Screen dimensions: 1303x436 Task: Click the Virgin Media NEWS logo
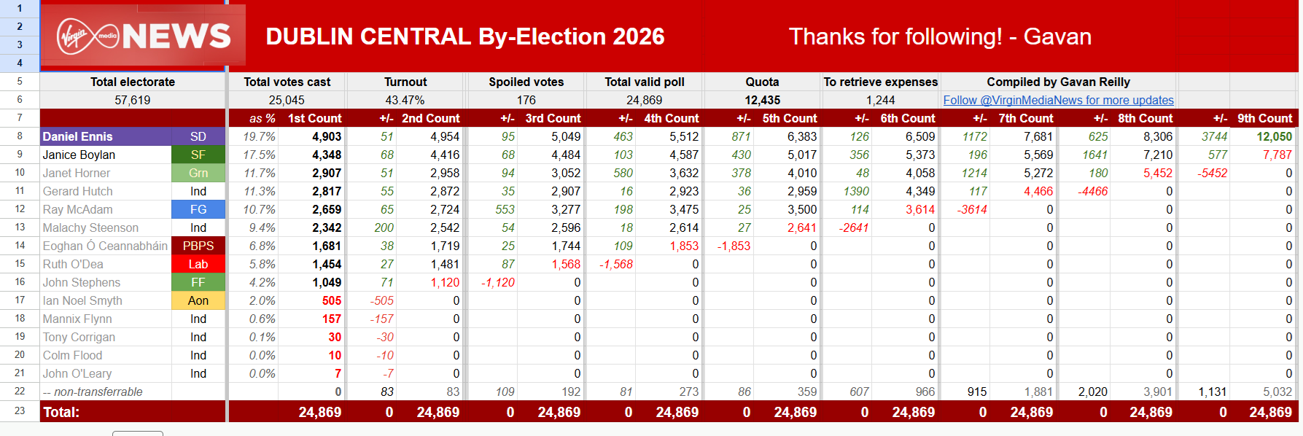(x=144, y=36)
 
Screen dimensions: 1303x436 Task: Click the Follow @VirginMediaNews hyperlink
(x=1058, y=100)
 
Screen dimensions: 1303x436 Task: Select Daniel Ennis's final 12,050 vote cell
(x=1274, y=136)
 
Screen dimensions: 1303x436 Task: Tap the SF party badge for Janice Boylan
(x=198, y=155)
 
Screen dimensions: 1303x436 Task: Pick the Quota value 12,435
(x=762, y=100)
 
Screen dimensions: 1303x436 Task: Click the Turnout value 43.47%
(x=405, y=100)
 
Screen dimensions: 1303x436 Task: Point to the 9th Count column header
(x=1264, y=118)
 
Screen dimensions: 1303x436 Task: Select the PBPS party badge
(x=198, y=246)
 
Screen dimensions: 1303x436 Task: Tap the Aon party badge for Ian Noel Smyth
(x=198, y=300)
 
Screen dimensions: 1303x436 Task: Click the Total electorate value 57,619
(x=133, y=100)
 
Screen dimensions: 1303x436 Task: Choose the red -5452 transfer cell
(x=1212, y=173)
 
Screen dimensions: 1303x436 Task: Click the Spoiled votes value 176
(x=526, y=100)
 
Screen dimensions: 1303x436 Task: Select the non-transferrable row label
(x=93, y=392)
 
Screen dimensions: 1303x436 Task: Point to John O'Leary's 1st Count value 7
(x=338, y=373)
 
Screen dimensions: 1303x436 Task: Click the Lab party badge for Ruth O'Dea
(x=198, y=264)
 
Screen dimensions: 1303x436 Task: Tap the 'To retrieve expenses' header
(x=880, y=82)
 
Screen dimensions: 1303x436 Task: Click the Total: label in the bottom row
(x=61, y=412)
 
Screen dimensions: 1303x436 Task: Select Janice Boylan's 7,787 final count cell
(x=1277, y=155)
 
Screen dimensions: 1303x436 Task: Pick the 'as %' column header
(x=262, y=118)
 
